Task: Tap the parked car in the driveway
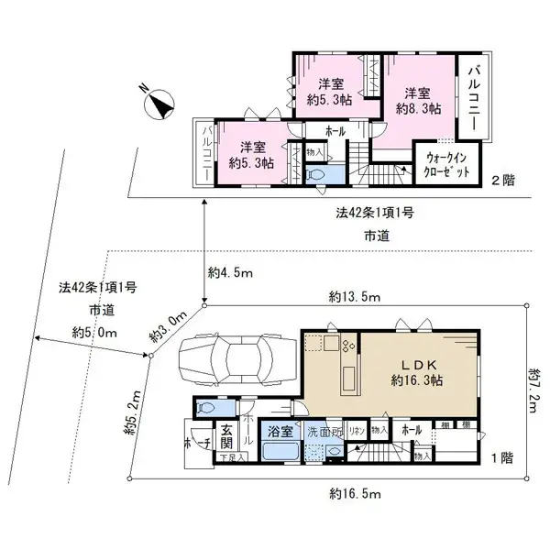coord(234,359)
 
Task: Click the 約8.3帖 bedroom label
coord(418,101)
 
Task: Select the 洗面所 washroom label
coord(324,431)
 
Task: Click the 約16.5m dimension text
coord(331,494)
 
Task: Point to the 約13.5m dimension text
coord(357,297)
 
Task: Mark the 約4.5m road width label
coord(230,272)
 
